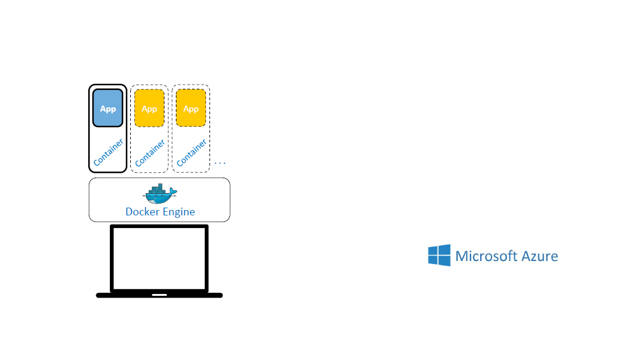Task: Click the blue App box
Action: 108,109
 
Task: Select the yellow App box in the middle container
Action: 149,109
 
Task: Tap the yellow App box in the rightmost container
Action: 191,109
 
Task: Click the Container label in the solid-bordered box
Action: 109,152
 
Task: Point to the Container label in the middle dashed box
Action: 150,152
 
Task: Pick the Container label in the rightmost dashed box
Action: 191,152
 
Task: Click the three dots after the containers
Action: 220,163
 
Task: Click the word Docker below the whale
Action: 140,212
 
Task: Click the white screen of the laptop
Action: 160,259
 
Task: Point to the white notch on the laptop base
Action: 160,295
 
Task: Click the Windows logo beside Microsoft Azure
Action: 439,255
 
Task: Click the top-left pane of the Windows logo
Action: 434,250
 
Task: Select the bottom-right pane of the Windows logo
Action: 444,261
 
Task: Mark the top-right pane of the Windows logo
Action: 444,249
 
